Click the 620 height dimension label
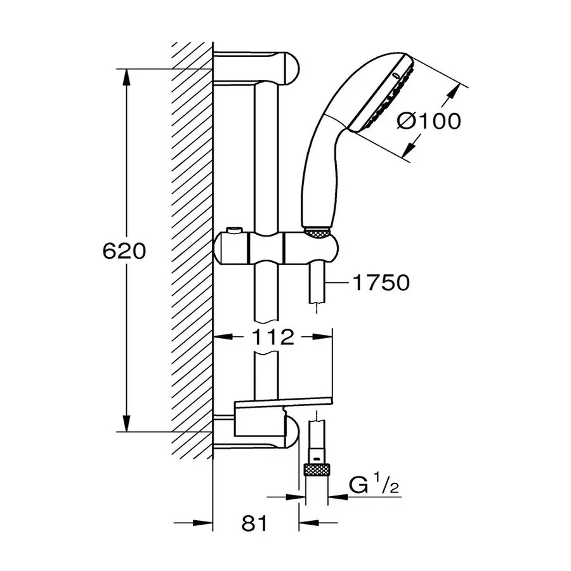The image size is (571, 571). (x=124, y=251)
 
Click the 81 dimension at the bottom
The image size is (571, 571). (x=255, y=524)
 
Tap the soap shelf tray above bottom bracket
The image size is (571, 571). (x=282, y=403)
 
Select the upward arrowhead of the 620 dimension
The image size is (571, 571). (x=128, y=75)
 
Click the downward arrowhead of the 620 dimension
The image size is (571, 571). (x=128, y=423)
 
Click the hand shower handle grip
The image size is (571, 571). (x=317, y=171)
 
